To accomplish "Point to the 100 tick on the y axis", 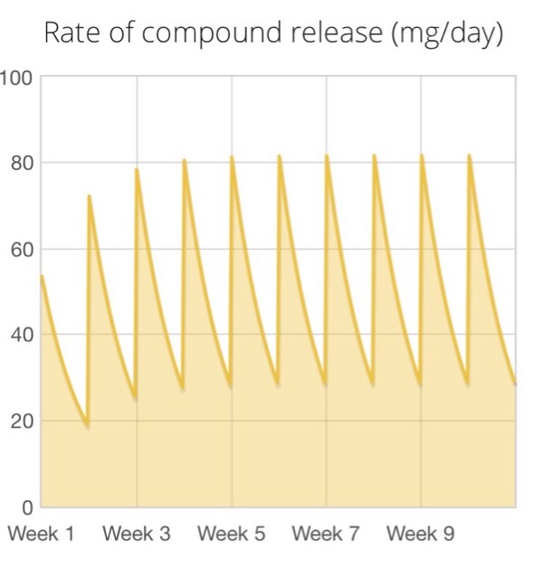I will tap(16, 78).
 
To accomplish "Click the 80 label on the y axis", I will tap(21, 164).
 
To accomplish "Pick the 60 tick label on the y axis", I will tap(21, 250).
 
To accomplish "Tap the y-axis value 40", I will tap(21, 336).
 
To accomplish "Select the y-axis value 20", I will tap(21, 422).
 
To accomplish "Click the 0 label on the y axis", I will tap(27, 507).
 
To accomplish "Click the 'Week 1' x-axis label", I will tap(41, 534).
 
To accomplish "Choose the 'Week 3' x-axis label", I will tap(136, 534).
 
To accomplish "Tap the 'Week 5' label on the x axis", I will tap(231, 534).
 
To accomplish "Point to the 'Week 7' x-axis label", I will tap(326, 534).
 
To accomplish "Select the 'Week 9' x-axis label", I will tap(420, 534).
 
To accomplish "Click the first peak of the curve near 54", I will tap(42, 276).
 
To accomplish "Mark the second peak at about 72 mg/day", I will tap(89, 195).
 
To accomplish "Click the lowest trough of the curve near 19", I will tap(88, 426).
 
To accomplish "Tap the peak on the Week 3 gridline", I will tap(137, 169).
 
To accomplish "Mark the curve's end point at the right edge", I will tap(515, 384).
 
